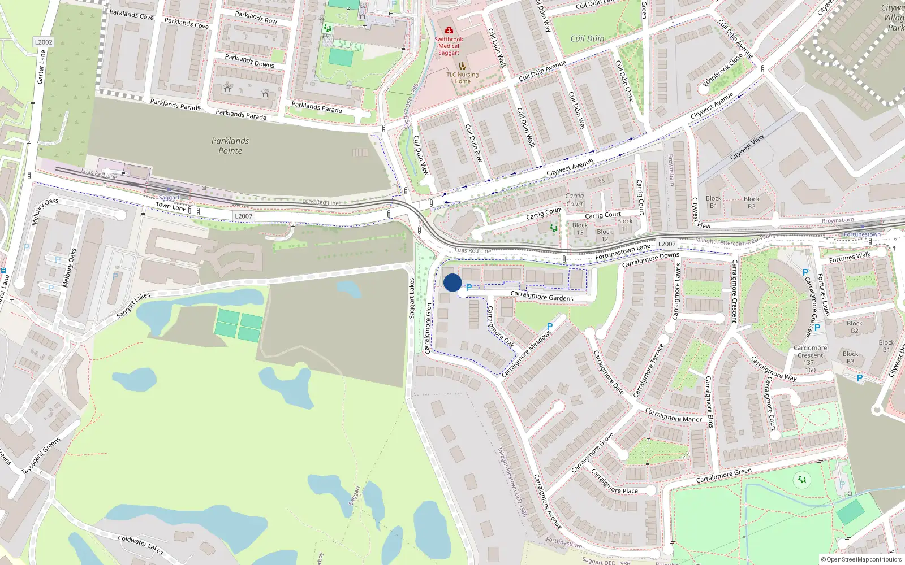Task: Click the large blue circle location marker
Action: [453, 282]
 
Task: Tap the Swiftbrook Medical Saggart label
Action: [449, 46]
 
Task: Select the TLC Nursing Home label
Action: [462, 78]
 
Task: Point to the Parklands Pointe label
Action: [230, 146]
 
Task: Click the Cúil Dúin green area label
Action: [587, 38]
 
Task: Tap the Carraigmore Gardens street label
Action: [541, 296]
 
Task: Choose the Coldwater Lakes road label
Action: [140, 545]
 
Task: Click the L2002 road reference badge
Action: [44, 42]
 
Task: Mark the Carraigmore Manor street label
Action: [673, 415]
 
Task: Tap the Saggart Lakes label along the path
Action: [133, 305]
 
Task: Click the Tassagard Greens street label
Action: [41, 456]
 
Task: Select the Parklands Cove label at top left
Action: [131, 14]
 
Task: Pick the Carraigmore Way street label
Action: [773, 368]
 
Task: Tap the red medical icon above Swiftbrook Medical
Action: [449, 30]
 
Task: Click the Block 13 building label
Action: [580, 229]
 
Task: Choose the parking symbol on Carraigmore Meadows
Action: [549, 327]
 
